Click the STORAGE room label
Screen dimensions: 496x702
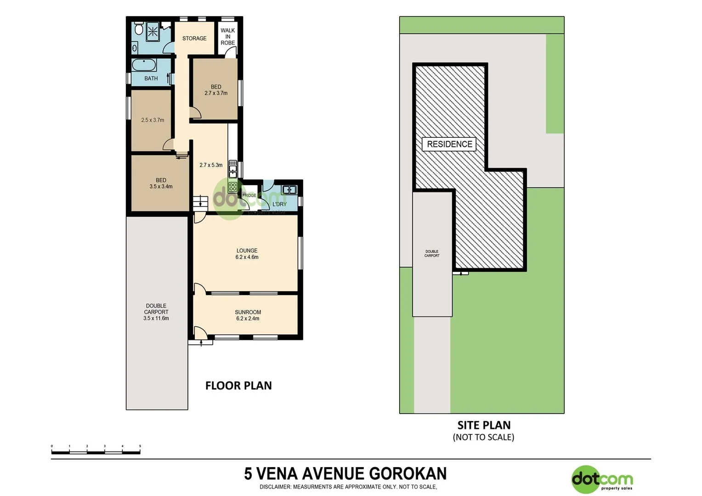[x=194, y=39]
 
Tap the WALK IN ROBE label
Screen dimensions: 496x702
[x=227, y=37]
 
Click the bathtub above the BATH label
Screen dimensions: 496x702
[x=144, y=65]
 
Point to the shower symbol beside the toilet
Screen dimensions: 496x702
[x=153, y=32]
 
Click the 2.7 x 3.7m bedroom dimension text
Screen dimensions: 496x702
[x=216, y=93]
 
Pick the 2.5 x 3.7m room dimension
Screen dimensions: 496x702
[x=153, y=120]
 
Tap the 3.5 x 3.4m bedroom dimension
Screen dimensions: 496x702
[x=161, y=187]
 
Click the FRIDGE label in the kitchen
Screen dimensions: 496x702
[x=249, y=196]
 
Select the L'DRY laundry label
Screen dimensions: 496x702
[x=279, y=204]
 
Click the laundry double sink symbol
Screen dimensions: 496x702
[x=289, y=189]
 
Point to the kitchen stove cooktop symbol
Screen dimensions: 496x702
[x=233, y=186]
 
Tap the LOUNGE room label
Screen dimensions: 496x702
[x=247, y=251]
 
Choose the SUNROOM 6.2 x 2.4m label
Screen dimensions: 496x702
[x=248, y=316]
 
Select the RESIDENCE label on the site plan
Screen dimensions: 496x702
[x=449, y=144]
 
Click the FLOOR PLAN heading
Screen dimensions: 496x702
[x=238, y=386]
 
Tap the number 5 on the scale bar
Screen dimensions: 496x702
[x=140, y=446]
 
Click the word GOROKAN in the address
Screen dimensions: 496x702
[x=408, y=473]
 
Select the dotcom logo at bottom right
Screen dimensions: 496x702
[x=602, y=480]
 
